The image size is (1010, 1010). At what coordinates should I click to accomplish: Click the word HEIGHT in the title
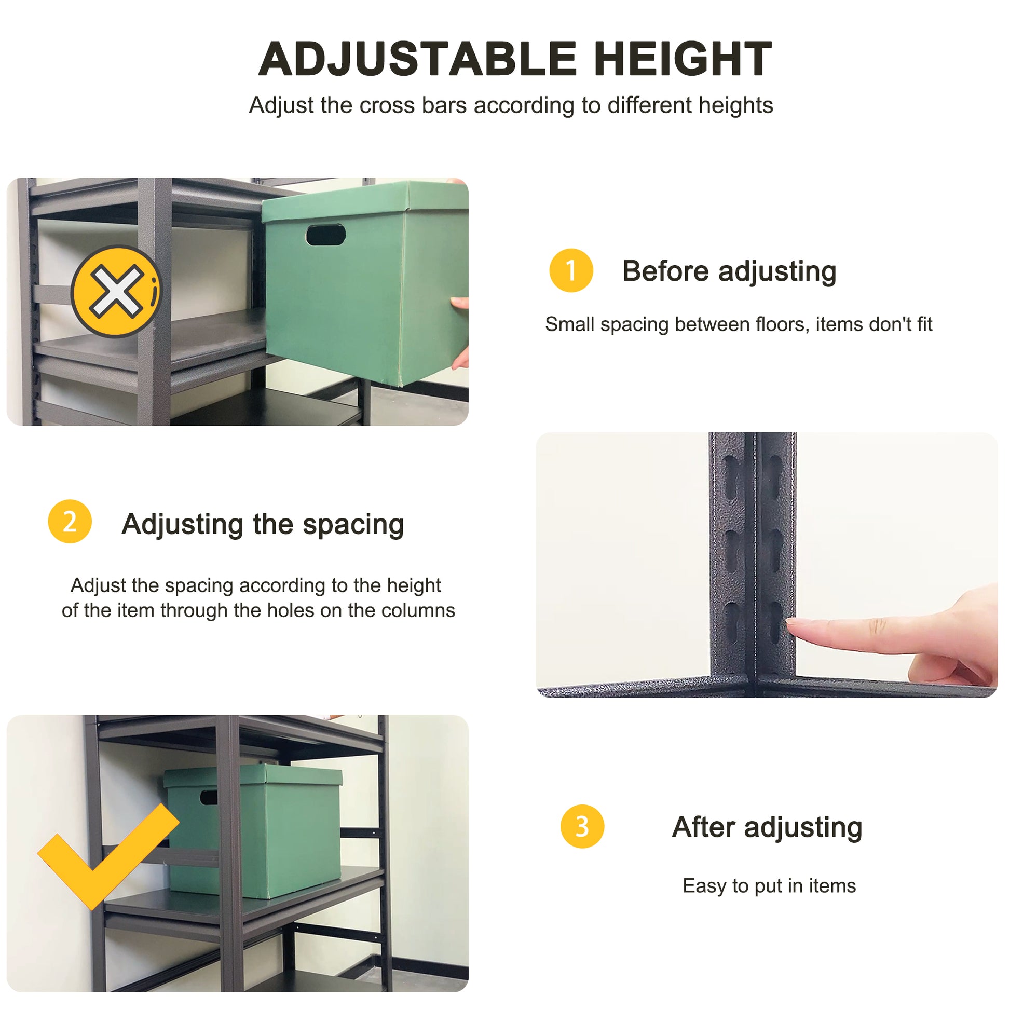[x=682, y=59]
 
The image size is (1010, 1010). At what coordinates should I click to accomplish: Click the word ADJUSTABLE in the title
[x=417, y=59]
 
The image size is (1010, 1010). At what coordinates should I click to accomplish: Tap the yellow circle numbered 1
[x=571, y=270]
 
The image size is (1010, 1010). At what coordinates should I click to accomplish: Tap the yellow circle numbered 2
[x=70, y=521]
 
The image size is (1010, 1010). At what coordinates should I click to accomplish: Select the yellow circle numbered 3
[x=582, y=826]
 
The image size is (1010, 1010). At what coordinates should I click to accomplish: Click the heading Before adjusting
[x=729, y=271]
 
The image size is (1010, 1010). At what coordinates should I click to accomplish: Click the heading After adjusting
[x=767, y=827]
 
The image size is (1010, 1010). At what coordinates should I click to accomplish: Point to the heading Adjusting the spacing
[x=263, y=524]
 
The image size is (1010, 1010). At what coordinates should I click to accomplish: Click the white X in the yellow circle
[x=116, y=291]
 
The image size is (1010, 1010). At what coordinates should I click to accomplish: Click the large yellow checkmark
[x=104, y=857]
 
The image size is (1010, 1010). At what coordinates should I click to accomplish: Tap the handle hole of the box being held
[x=325, y=235]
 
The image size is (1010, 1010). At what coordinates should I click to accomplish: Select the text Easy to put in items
[x=769, y=886]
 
